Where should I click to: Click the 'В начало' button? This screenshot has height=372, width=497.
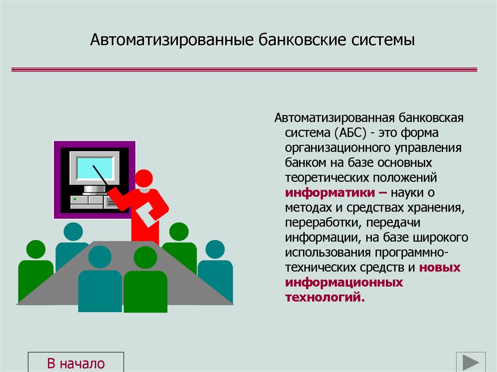(x=76, y=363)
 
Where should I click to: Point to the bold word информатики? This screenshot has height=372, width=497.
(x=329, y=193)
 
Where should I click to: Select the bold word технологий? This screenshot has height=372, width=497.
(x=324, y=297)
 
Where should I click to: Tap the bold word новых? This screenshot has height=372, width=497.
(x=440, y=267)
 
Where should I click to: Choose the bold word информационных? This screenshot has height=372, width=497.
(x=344, y=282)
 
